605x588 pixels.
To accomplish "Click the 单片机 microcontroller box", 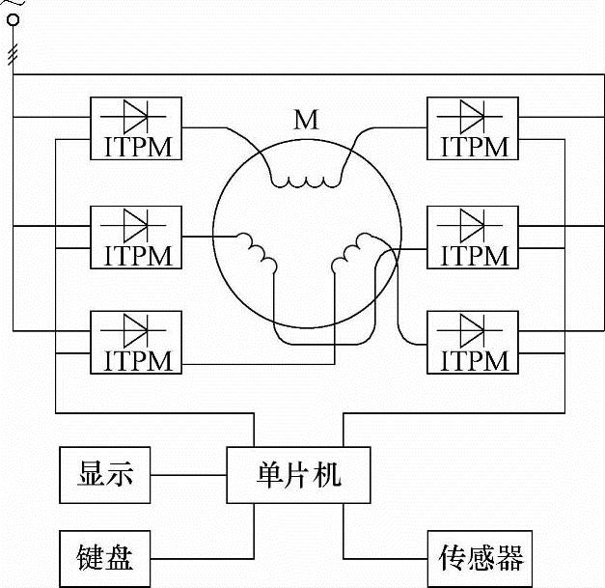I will pos(298,475).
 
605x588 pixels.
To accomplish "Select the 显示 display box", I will pos(105,475).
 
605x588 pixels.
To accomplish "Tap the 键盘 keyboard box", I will pos(105,557).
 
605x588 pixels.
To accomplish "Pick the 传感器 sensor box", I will pos(480,557).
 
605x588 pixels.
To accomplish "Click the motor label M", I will pos(306,120).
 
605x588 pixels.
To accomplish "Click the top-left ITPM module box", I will pos(135,127).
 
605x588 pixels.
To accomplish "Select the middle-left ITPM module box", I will pos(135,236).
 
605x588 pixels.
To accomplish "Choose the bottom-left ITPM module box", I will pos(135,342).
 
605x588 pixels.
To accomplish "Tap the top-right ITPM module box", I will pos(472,127).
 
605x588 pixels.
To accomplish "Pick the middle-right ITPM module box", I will pos(472,236).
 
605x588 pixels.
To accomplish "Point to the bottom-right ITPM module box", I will pos(472,342).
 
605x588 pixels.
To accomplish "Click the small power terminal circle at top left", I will pos(13,18).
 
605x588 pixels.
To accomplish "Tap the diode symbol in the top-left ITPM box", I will pos(135,116).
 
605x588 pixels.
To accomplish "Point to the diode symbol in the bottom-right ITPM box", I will pos(472,329).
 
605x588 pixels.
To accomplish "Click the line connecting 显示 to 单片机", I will pos(189,475).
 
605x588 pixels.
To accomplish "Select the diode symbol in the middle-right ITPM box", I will pos(472,223).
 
